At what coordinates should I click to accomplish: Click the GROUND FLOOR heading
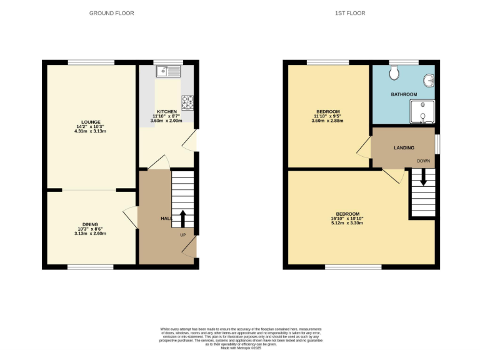pos(111,13)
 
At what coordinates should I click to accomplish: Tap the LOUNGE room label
pos(91,122)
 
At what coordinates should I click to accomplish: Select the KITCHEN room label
pos(166,111)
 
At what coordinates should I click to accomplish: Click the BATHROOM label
pos(404,94)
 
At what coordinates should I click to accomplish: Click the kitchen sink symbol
pos(169,71)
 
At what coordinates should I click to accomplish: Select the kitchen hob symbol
pos(187,100)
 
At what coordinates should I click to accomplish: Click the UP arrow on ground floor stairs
pos(183,219)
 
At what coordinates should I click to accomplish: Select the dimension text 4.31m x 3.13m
pos(91,132)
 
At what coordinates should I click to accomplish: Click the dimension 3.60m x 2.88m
pos(327,121)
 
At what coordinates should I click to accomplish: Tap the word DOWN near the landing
pos(423,161)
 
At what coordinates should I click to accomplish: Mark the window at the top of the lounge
pos(91,62)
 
